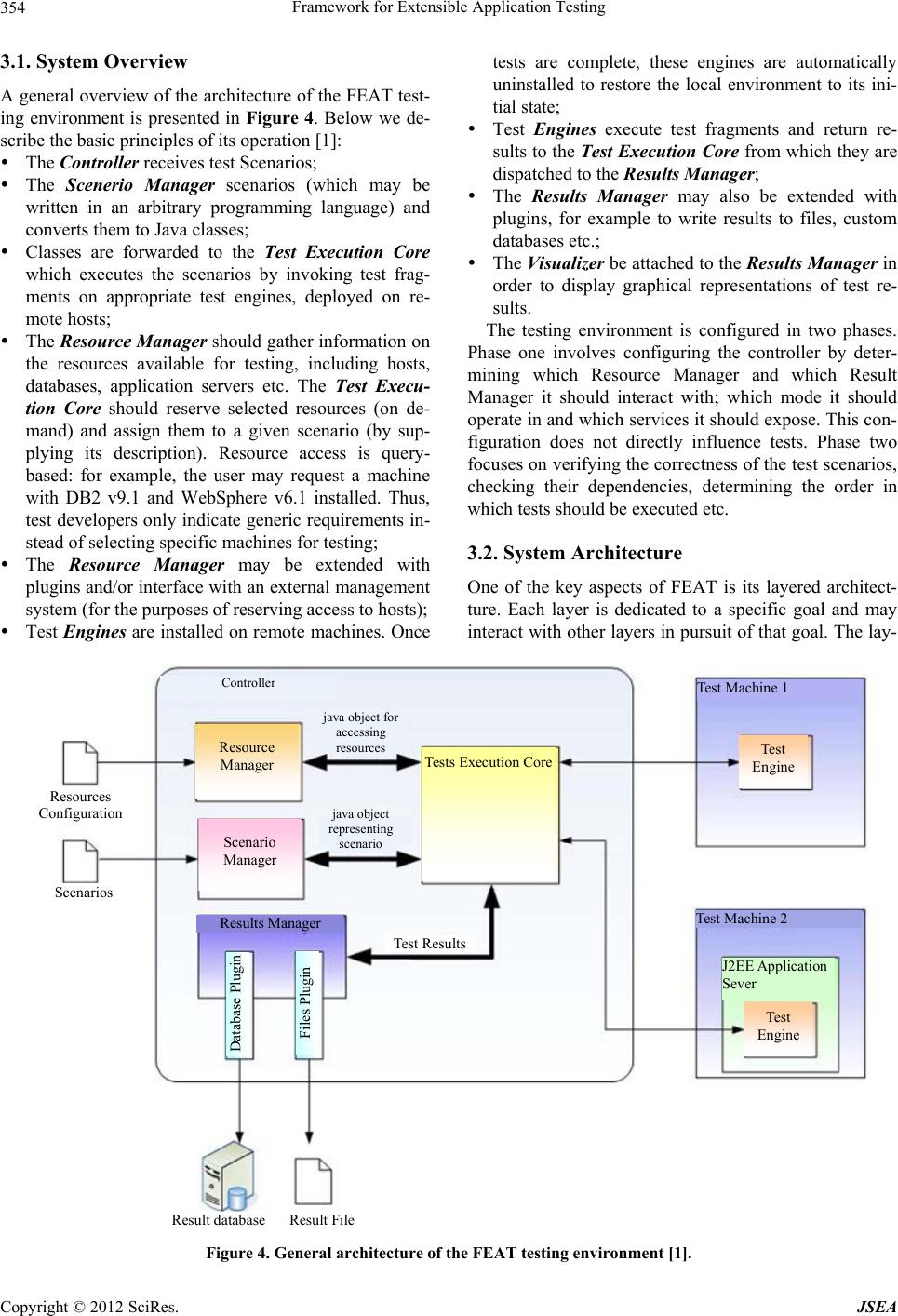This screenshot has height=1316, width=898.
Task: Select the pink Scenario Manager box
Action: [x=250, y=853]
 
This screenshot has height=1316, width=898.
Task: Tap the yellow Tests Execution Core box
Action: [x=489, y=814]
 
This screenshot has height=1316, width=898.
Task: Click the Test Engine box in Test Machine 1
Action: [x=773, y=759]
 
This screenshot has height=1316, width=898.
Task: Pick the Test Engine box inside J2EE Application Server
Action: [x=778, y=1027]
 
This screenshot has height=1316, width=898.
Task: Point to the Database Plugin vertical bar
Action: [x=239, y=1003]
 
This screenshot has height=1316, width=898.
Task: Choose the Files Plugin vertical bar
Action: [x=307, y=1003]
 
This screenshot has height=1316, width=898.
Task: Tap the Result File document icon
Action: [x=313, y=1180]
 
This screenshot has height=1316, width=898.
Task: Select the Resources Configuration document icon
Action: [x=80, y=762]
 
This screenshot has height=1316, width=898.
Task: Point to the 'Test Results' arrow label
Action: [x=429, y=944]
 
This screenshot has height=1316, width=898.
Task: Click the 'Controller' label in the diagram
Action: [x=248, y=683]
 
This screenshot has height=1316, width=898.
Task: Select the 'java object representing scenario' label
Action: [x=360, y=828]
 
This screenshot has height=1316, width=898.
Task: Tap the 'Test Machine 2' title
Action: [x=742, y=919]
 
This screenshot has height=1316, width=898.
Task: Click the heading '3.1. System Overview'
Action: [x=94, y=63]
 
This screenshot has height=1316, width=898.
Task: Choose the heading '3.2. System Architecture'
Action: [x=574, y=553]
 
